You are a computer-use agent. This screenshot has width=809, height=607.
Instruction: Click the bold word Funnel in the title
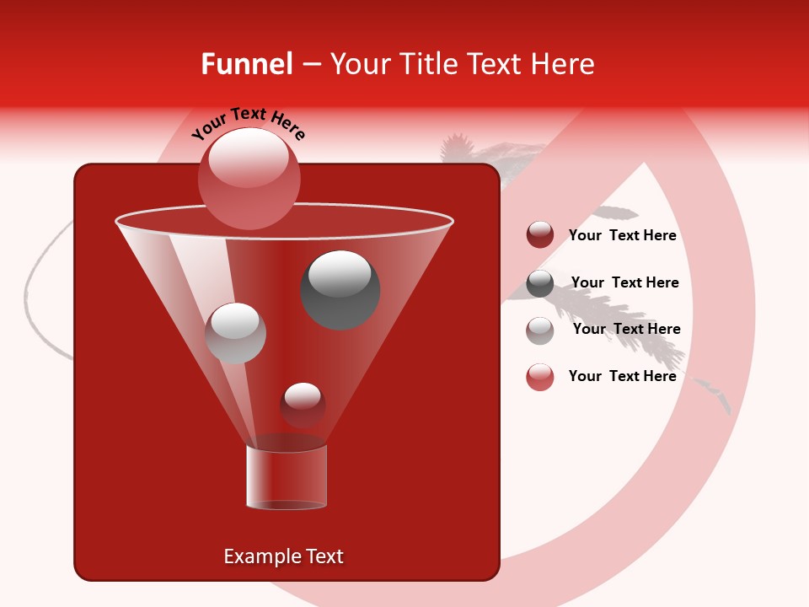[247, 64]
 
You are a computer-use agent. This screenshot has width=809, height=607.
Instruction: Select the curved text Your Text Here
[249, 124]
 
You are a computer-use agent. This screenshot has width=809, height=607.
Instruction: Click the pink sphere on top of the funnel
[249, 178]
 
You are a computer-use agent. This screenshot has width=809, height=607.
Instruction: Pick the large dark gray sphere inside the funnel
[340, 289]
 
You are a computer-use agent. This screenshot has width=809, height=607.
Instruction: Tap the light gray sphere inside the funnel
[235, 333]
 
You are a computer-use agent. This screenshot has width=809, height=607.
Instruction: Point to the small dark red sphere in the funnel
[303, 405]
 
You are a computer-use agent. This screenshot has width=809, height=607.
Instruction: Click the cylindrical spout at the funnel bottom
[287, 477]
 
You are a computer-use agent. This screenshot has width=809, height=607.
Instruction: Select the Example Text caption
[283, 556]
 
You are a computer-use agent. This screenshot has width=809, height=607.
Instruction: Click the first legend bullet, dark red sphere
[540, 235]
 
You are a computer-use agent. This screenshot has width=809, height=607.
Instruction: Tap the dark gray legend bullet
[540, 283]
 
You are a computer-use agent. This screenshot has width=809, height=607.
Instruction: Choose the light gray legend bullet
[540, 330]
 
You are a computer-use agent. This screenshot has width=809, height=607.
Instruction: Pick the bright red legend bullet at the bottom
[540, 377]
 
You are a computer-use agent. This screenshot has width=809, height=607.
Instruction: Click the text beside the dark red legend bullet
[622, 236]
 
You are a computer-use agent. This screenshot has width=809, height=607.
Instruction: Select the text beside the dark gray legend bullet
[624, 282]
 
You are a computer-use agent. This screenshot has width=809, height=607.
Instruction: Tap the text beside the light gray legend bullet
[626, 329]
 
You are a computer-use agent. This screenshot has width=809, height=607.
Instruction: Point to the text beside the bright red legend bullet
[622, 376]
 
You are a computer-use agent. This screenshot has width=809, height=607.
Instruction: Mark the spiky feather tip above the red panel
[456, 148]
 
